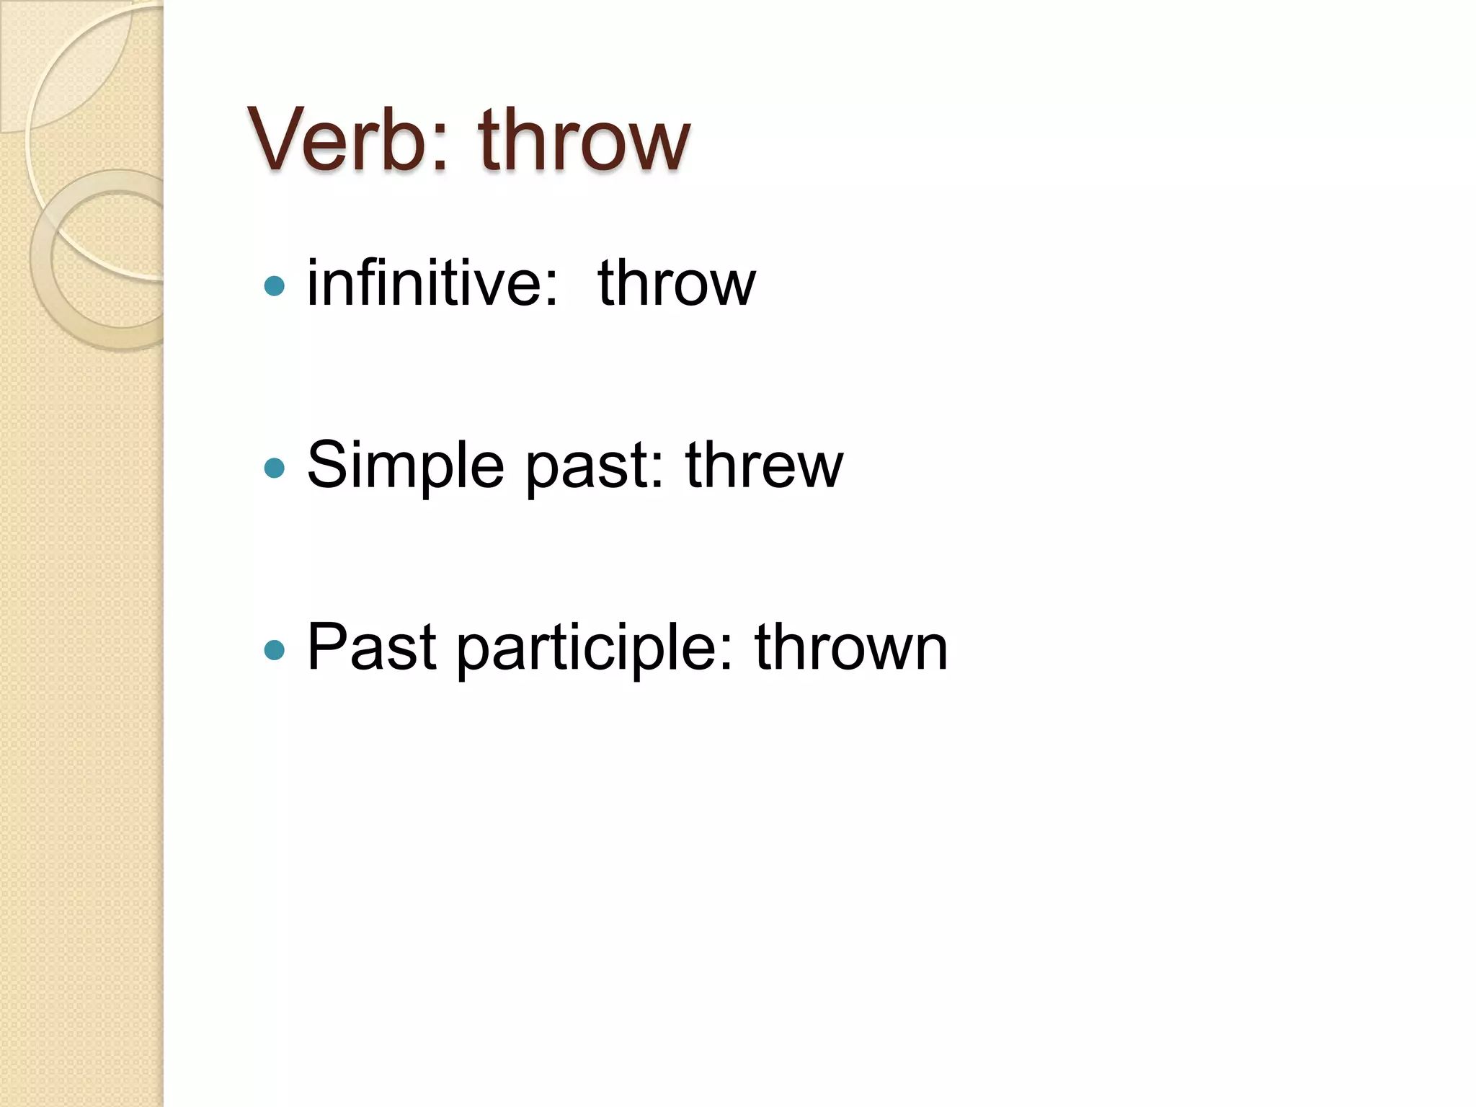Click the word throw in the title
click(x=584, y=139)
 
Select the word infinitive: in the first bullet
click(x=432, y=283)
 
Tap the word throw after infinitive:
click(x=676, y=284)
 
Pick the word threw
click(x=763, y=466)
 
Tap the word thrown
click(x=850, y=647)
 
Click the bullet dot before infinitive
click(x=275, y=287)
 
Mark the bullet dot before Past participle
click(x=275, y=651)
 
